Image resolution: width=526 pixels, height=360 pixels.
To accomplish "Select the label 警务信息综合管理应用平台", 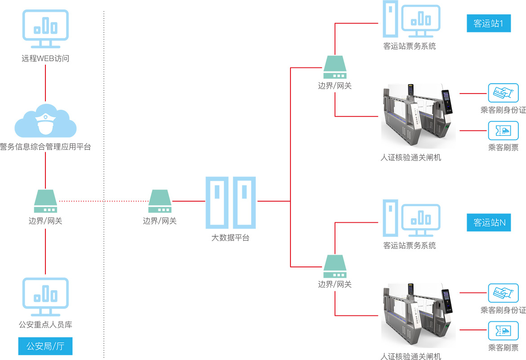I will point(45,147).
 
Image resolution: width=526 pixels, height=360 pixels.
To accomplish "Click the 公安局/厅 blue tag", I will point(45,346).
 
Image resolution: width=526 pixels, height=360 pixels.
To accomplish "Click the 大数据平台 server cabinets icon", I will point(231,202).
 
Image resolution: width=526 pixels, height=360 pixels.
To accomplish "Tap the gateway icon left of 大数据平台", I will point(160,201).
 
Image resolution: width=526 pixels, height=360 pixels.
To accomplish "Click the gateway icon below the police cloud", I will point(45,201).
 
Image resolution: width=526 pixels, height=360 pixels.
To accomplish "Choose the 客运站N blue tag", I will point(488,222).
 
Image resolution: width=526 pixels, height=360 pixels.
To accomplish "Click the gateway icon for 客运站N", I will point(335,266).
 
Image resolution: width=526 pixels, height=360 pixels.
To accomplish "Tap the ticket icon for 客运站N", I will point(500,330).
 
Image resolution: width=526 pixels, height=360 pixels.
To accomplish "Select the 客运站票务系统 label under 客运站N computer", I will point(410,246).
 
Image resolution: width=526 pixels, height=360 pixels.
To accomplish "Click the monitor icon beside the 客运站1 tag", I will point(421,21).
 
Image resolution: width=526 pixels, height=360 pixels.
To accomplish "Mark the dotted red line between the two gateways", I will point(103,201).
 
